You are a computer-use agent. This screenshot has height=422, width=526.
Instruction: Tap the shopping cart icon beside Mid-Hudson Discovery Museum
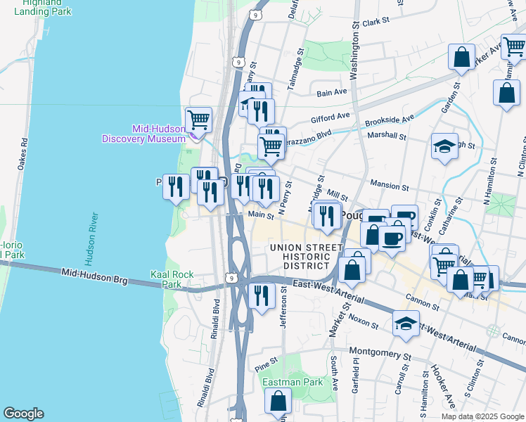click(x=199, y=120)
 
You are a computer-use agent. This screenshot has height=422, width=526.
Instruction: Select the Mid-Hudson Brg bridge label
click(x=94, y=276)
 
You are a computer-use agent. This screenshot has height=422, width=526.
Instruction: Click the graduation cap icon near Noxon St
click(x=406, y=323)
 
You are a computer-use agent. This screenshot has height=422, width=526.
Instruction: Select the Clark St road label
click(x=376, y=23)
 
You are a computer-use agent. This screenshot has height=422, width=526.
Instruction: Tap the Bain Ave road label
click(x=332, y=92)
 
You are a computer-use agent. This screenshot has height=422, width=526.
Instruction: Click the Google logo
click(x=23, y=414)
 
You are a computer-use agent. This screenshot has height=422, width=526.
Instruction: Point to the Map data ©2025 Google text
click(x=482, y=416)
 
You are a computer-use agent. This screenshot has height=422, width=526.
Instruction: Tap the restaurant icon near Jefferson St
click(x=262, y=295)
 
